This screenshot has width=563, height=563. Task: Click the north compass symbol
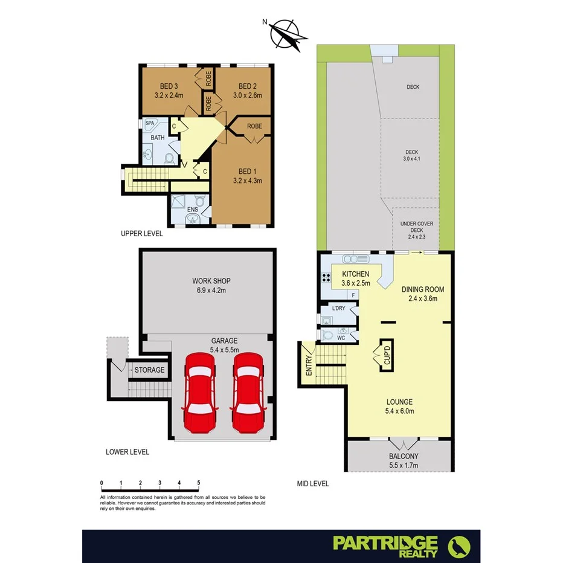285,33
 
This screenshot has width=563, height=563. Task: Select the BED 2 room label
248,86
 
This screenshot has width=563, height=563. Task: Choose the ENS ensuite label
193,210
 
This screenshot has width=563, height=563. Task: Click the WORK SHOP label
211,281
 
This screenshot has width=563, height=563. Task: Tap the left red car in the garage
199,392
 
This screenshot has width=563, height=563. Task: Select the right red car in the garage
248,392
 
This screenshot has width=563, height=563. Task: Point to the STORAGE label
149,370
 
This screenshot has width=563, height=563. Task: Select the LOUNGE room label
399,402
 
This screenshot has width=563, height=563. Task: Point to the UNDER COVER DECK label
417,227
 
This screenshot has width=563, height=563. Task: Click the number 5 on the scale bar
198,482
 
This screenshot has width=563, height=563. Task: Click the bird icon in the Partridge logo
458,546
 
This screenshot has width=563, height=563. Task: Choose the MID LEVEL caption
312,484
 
